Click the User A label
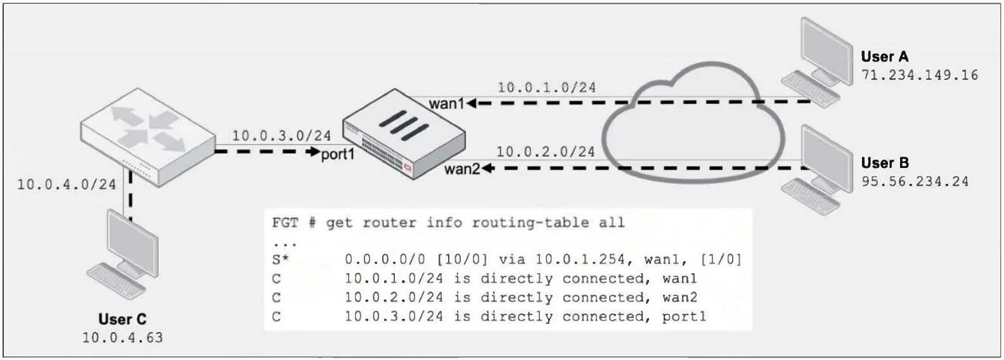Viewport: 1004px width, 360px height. pos(884,57)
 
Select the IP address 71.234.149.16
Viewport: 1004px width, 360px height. pos(919,75)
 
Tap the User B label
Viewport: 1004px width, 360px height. pos(884,163)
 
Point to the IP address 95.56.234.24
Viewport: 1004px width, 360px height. pos(915,181)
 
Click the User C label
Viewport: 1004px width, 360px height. pos(122,319)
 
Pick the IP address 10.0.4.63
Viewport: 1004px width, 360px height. pos(122,338)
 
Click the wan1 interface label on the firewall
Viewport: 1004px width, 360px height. pos(446,103)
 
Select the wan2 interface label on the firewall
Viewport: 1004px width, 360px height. pos(462,169)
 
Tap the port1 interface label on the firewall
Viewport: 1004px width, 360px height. pos(337,155)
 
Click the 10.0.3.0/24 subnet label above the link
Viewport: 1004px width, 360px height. pos(281,136)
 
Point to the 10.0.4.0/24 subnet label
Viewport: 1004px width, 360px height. pos(67,184)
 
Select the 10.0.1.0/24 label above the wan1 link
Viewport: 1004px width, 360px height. pos(547,87)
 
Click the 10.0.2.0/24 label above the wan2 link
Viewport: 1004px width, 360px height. pos(546,151)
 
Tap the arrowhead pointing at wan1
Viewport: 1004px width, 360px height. pos(472,103)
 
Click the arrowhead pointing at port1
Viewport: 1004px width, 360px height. pos(315,151)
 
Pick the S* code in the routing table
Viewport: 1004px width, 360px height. pos(280,259)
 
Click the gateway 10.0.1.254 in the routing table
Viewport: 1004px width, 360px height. pos(580,259)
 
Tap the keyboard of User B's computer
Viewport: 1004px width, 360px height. pos(809,196)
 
